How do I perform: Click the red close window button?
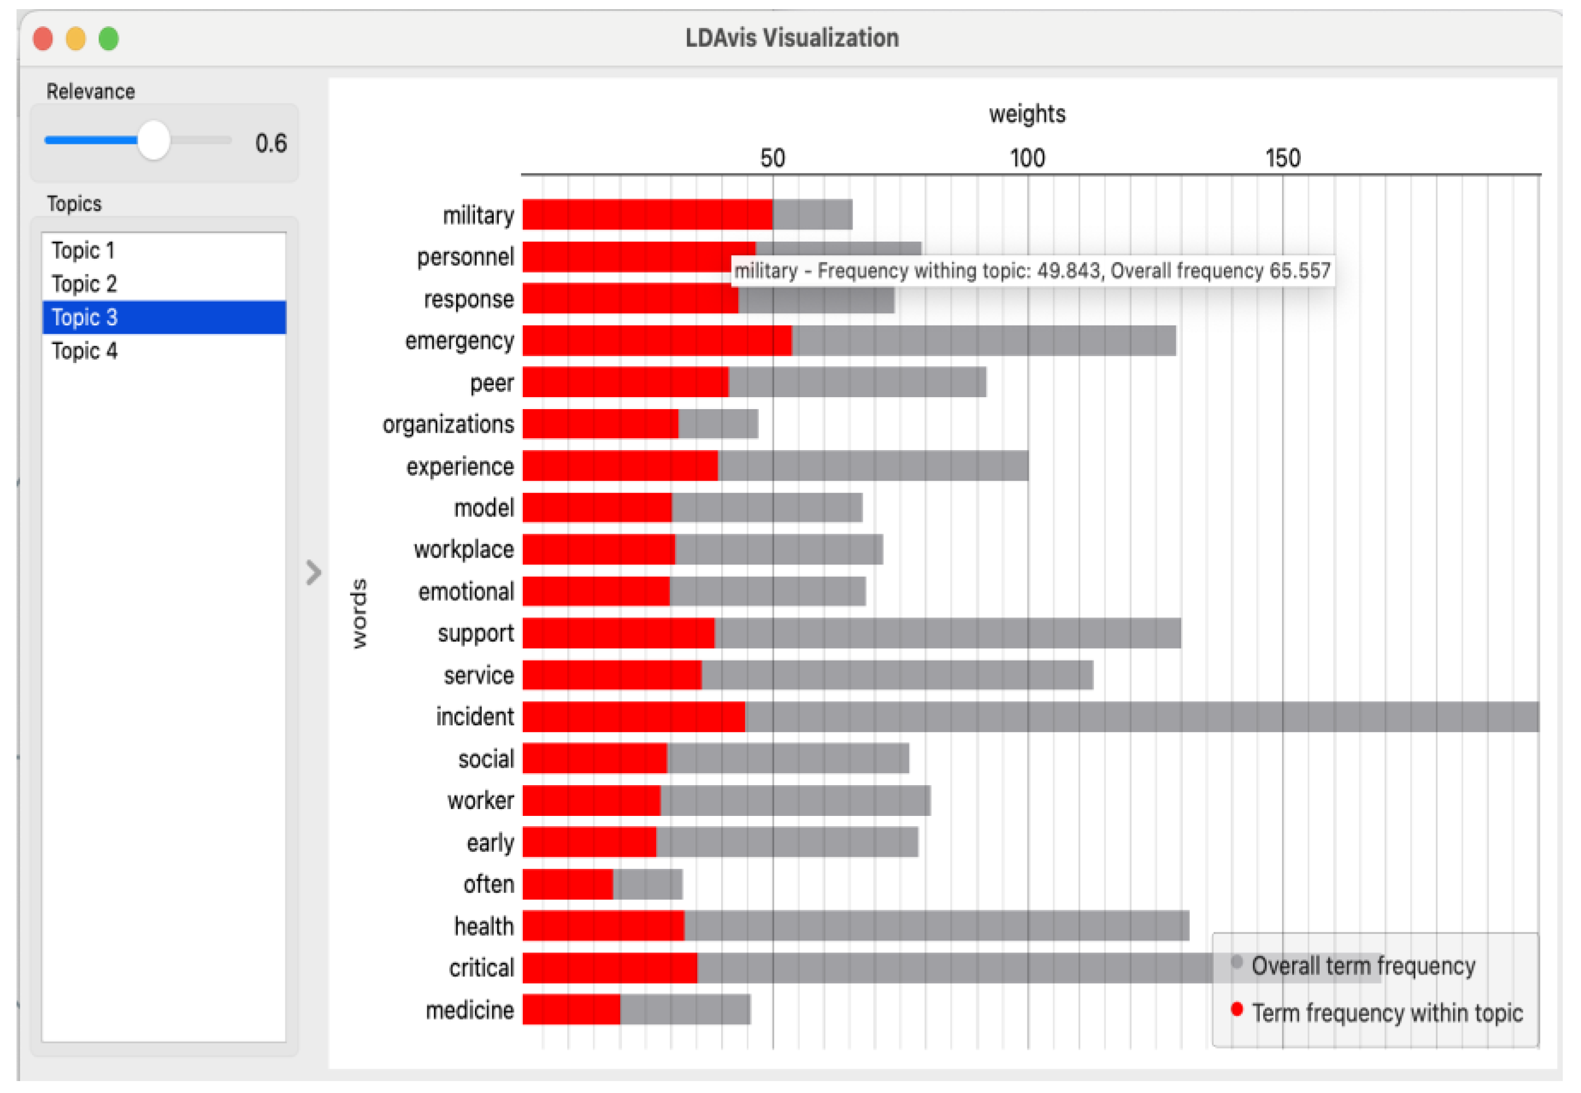[43, 38]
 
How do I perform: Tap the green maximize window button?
[108, 38]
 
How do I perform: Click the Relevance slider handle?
[154, 141]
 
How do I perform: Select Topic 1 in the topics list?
[83, 251]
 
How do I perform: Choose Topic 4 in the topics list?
[84, 351]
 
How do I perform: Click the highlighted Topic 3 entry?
[84, 317]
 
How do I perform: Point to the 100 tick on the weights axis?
[1027, 159]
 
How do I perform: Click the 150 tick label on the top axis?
[1282, 159]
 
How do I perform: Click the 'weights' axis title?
[1027, 114]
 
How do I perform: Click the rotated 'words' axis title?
[358, 613]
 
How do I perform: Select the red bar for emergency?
[657, 341]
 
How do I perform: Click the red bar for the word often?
[567, 884]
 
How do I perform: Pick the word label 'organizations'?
[448, 424]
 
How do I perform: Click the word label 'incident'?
[474, 717]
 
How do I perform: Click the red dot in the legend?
[1236, 1009]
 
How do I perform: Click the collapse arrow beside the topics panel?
[313, 572]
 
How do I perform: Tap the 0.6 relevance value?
[271, 143]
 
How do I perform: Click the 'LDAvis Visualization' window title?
[792, 38]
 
